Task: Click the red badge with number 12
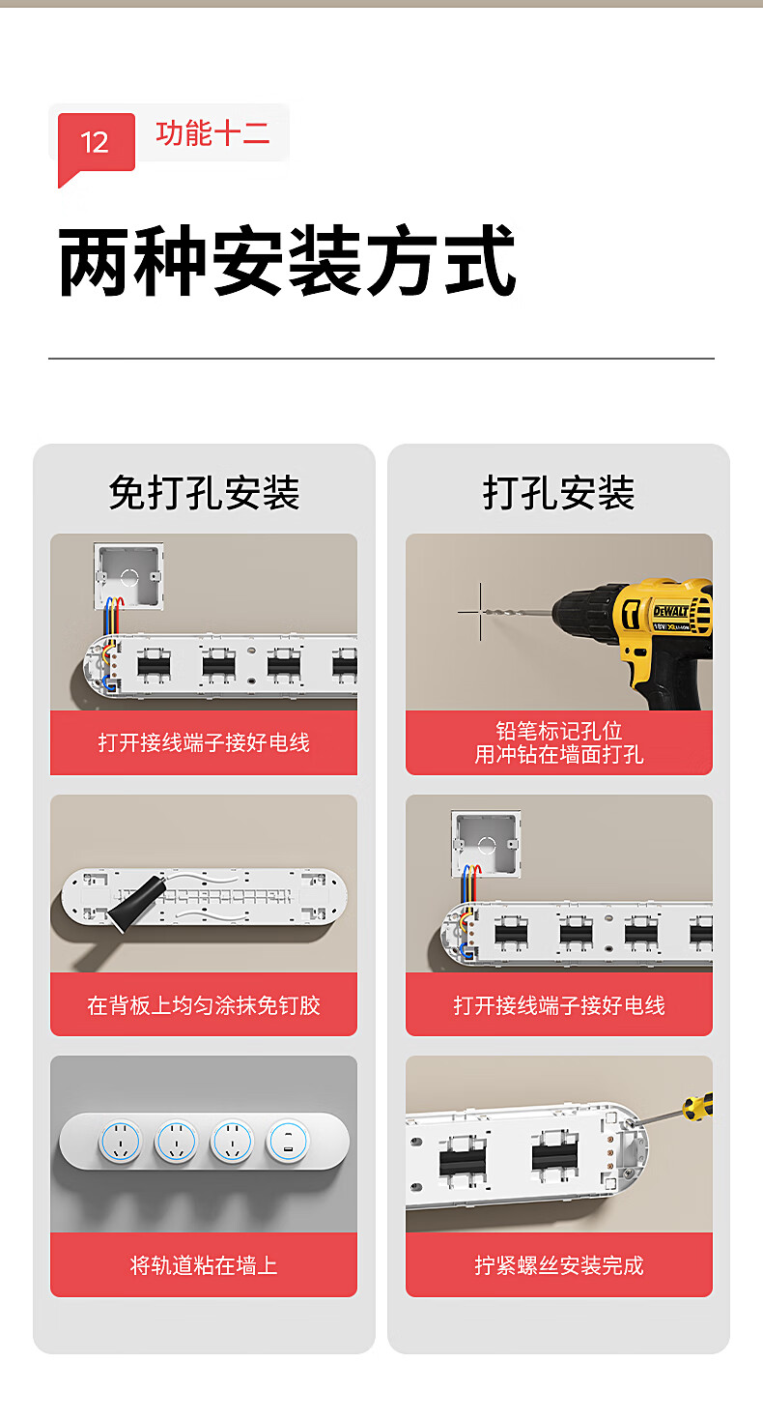(x=97, y=143)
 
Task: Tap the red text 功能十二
(x=212, y=133)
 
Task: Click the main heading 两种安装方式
(x=287, y=261)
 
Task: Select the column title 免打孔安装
(x=204, y=493)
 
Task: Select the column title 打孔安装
(x=558, y=493)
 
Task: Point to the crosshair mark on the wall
(x=480, y=612)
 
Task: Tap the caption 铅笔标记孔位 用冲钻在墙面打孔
(x=559, y=742)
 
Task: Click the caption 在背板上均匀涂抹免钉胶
(x=204, y=1004)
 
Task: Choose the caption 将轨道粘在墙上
(x=204, y=1265)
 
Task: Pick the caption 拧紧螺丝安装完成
(x=559, y=1265)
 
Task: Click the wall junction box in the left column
(x=128, y=576)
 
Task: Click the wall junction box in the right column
(x=486, y=844)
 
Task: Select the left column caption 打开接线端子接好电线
(x=204, y=742)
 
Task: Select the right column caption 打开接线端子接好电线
(x=559, y=1004)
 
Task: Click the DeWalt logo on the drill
(x=671, y=612)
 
